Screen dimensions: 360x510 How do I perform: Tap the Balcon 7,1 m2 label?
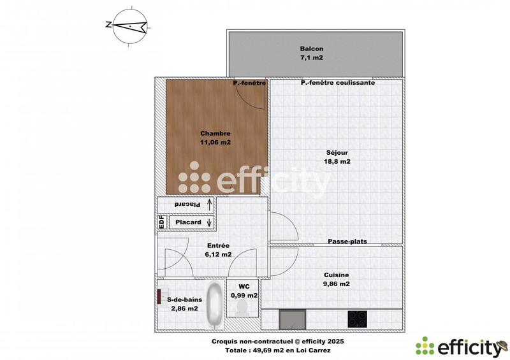(312, 54)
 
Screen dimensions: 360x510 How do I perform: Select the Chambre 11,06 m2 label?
(215, 138)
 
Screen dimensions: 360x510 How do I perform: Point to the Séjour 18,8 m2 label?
(336, 157)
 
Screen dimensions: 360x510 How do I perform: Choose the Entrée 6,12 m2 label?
(218, 249)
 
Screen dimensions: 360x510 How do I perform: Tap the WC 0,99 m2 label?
(243, 291)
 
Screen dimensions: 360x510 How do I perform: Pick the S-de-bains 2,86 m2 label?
(182, 303)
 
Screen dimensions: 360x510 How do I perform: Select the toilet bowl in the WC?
(242, 308)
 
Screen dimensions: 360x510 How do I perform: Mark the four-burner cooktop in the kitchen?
(358, 319)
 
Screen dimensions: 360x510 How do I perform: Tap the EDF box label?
(161, 222)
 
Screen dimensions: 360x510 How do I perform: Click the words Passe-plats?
(347, 241)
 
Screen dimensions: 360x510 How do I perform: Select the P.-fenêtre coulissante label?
(338, 83)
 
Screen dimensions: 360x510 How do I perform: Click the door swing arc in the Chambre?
(250, 98)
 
